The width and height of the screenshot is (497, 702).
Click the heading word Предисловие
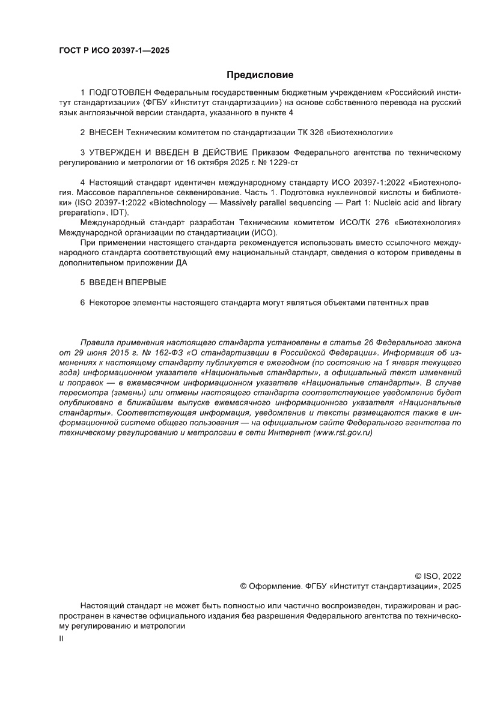[x=260, y=75]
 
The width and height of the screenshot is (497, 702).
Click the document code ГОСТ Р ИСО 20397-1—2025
[x=114, y=50]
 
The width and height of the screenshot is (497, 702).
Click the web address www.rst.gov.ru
[x=343, y=433]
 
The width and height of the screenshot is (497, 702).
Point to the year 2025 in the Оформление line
[x=452, y=586]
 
